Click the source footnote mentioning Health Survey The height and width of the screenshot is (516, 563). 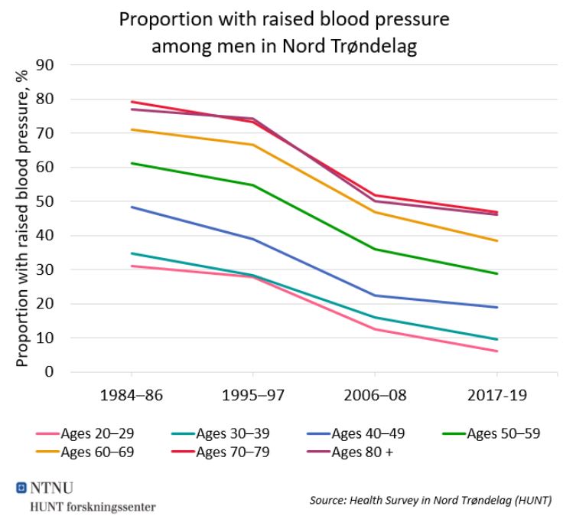pos(430,500)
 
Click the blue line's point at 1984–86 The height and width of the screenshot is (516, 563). pos(132,207)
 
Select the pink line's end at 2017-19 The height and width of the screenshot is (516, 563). pos(497,351)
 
